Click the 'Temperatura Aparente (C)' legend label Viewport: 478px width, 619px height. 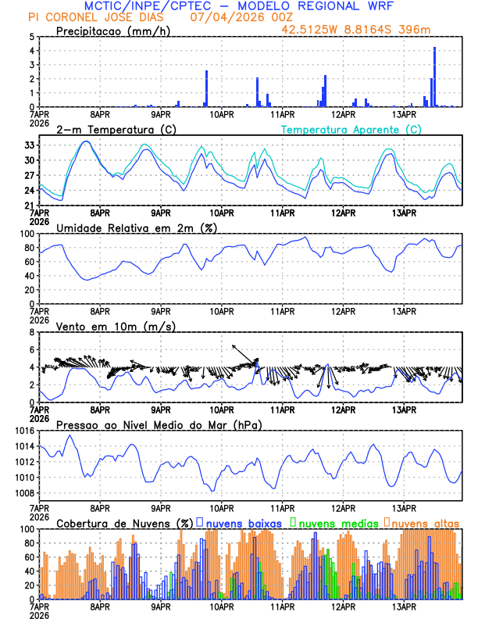coord(351,129)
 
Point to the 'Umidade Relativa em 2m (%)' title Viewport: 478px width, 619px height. coord(137,227)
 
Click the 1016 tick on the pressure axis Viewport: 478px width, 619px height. coord(23,431)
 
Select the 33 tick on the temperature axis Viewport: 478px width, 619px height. coord(28,145)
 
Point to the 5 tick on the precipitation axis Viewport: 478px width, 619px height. coord(31,37)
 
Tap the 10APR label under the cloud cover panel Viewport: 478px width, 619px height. coord(222,606)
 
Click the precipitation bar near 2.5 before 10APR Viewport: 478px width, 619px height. coord(207,88)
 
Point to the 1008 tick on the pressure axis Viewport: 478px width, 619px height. coord(23,492)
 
